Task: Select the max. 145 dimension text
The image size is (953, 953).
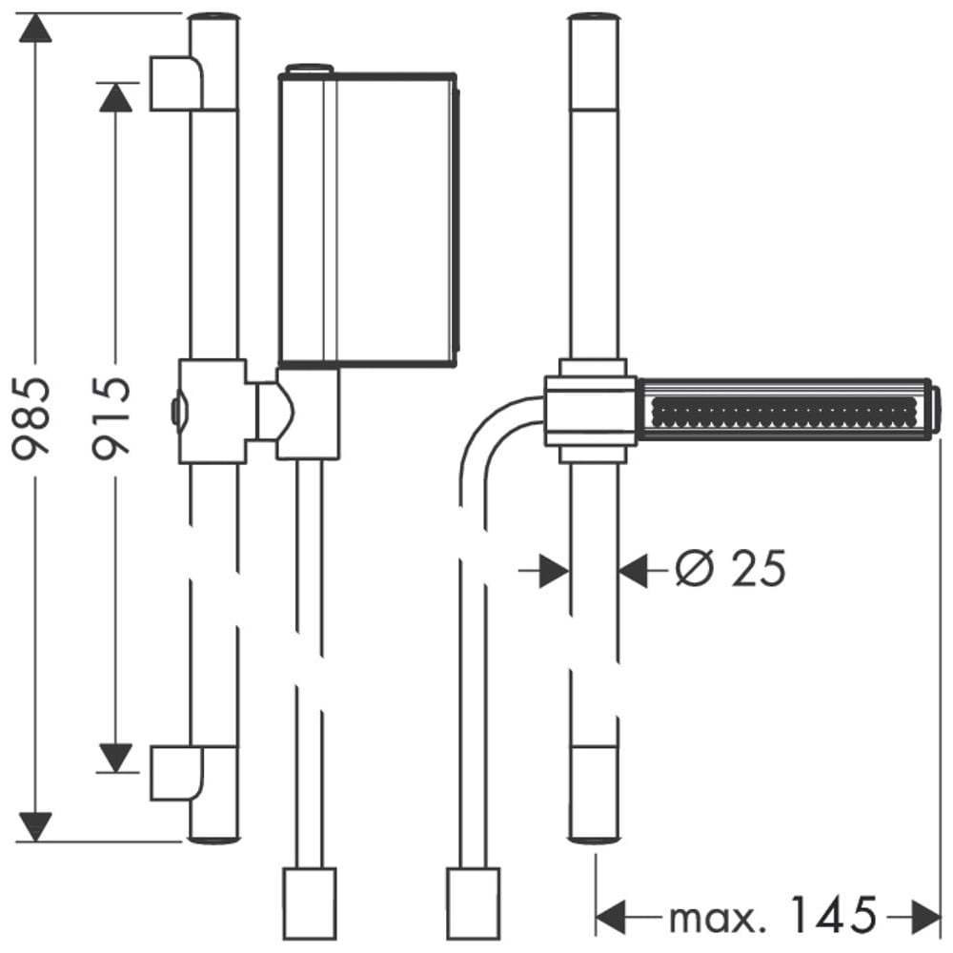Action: click(x=772, y=917)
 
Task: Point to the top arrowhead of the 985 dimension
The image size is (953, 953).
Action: click(x=34, y=29)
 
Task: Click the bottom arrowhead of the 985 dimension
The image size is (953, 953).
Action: click(x=34, y=825)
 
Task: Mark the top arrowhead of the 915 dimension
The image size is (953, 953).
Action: click(x=114, y=97)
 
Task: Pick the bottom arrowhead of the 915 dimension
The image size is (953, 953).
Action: click(x=114, y=758)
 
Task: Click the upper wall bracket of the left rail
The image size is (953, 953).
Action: click(x=177, y=83)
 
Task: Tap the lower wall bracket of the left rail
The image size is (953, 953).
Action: click(x=177, y=772)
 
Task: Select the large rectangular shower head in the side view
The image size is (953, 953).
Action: click(x=368, y=218)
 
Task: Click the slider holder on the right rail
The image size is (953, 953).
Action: click(x=591, y=411)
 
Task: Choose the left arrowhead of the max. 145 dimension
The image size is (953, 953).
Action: click(x=610, y=918)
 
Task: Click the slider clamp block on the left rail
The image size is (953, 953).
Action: click(x=213, y=412)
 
